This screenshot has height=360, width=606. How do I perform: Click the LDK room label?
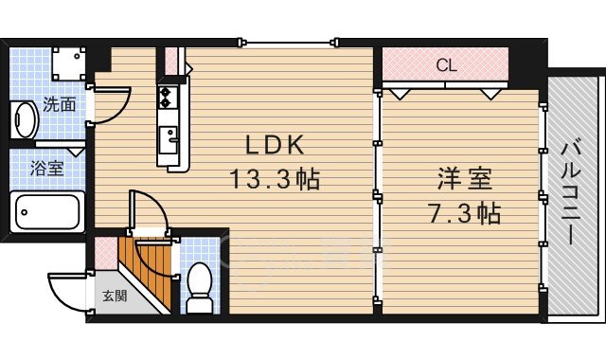click(x=275, y=145)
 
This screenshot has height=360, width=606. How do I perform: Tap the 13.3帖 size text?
click(x=275, y=179)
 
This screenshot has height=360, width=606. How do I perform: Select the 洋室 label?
click(x=465, y=179)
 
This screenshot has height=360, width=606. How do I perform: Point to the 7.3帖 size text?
click(x=465, y=212)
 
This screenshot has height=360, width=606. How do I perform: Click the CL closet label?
click(x=446, y=65)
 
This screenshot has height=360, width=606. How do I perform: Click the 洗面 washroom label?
click(x=59, y=104)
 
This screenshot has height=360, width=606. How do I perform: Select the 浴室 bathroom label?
click(x=47, y=169)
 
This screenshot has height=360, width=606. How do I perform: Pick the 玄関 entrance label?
click(x=115, y=297)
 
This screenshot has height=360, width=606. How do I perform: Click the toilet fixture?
click(x=200, y=288)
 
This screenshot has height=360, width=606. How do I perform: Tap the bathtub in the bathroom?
click(x=47, y=212)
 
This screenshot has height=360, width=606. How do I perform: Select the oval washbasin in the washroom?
click(x=25, y=120)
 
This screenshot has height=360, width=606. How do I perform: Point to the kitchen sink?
click(x=169, y=139)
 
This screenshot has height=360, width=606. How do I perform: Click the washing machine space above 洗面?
click(x=69, y=63)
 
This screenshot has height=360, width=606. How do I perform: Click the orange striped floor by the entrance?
click(x=146, y=267)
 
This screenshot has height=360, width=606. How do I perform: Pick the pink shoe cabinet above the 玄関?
click(x=106, y=253)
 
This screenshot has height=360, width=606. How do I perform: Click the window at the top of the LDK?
click(x=288, y=42)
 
